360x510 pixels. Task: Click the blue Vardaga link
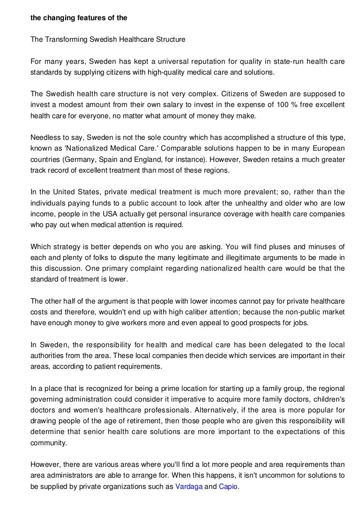(x=189, y=487)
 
